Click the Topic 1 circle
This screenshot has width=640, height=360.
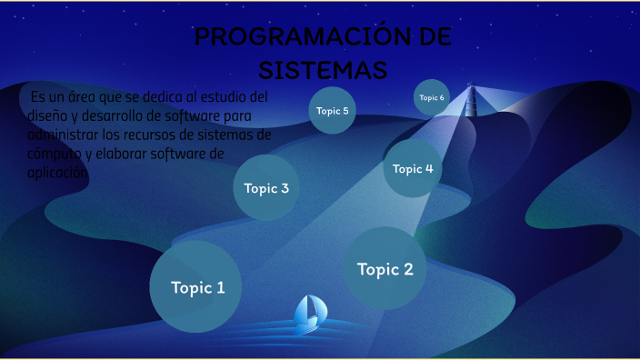click(195, 286)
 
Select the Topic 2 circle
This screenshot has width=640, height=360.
click(385, 268)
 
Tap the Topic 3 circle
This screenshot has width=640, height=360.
click(266, 188)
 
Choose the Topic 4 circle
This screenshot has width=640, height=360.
click(413, 168)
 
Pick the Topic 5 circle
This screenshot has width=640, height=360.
click(332, 111)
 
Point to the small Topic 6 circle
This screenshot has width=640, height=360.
click(432, 97)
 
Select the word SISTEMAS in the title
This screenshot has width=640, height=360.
click(323, 70)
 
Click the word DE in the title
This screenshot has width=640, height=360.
click(426, 38)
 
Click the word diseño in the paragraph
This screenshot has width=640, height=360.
click(46, 115)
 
